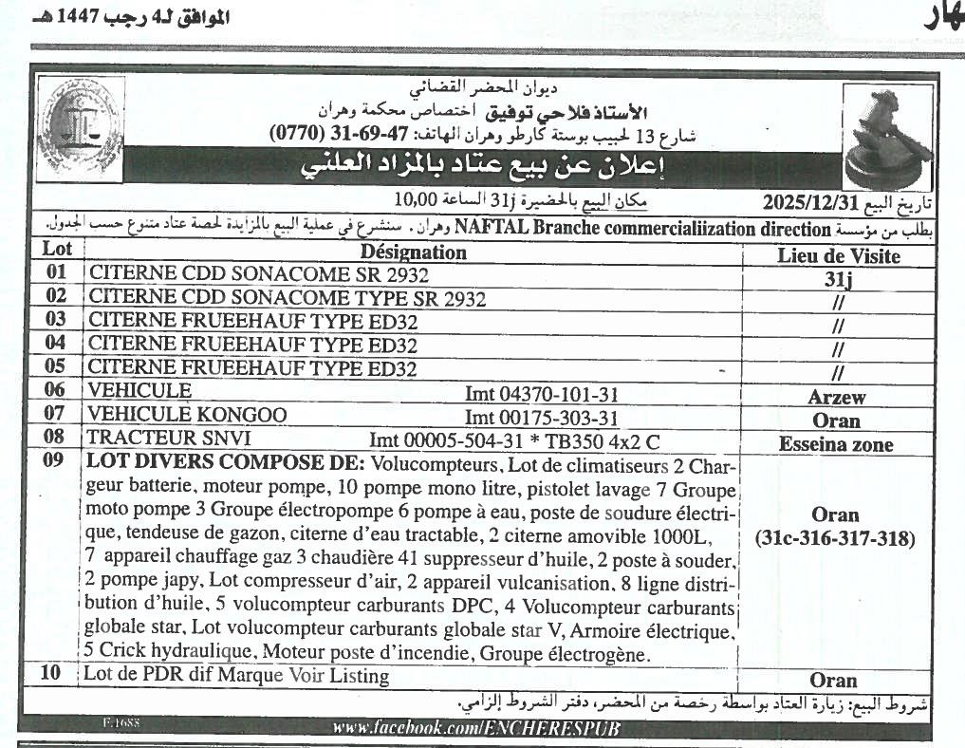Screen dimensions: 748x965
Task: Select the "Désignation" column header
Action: [413, 252]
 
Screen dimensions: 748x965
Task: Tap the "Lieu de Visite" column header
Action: [838, 255]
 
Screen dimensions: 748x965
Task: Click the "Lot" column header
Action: [58, 250]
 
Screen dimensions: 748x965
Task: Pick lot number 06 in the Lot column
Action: [57, 391]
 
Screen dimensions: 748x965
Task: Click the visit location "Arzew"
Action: [836, 398]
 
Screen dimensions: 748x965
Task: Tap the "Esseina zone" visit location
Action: [836, 444]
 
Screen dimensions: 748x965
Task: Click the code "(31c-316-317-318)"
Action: [835, 539]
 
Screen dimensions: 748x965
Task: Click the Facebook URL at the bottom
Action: [475, 728]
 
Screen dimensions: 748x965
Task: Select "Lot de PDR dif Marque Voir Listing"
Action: [237, 676]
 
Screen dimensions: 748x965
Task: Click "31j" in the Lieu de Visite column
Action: [836, 280]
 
